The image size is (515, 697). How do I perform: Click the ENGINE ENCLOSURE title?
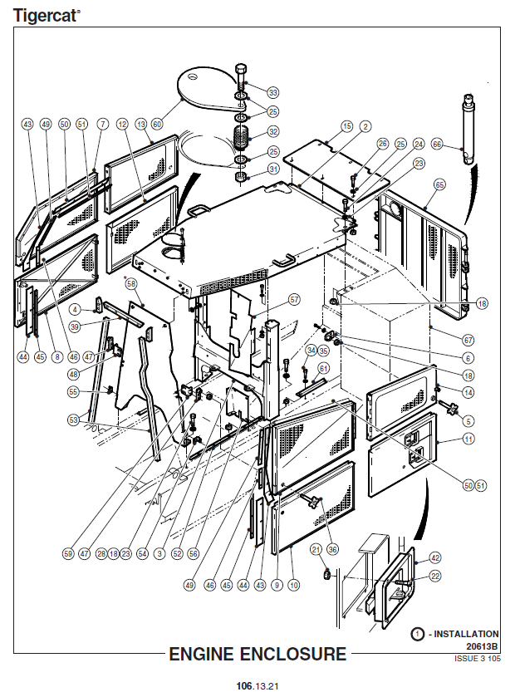257,654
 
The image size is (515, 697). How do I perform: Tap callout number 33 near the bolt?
272,92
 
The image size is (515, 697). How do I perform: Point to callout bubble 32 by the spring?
272,131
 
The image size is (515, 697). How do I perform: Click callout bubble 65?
439,184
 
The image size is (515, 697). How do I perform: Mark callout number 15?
346,125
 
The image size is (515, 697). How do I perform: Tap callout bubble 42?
434,557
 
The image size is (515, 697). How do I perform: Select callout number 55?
73,391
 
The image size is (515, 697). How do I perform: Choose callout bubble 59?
68,552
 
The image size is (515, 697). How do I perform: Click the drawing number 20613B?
481,645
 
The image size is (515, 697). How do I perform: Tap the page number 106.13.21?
257,685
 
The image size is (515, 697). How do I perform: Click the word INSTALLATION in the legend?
468,634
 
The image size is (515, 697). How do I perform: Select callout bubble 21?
316,549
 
